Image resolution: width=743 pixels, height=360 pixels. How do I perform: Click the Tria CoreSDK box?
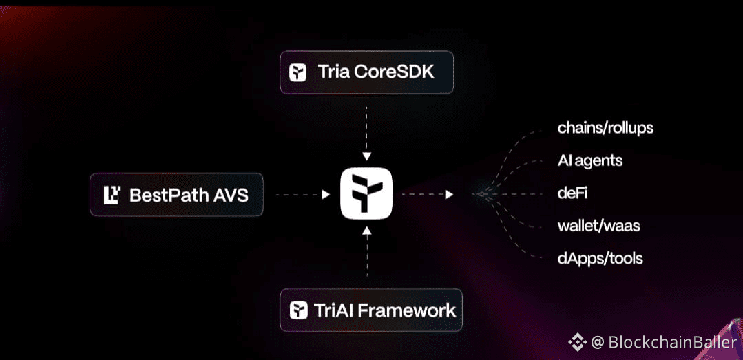point(366,72)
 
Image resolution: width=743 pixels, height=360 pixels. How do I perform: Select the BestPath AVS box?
point(176,195)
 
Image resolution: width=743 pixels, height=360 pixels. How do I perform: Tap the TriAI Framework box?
point(370,310)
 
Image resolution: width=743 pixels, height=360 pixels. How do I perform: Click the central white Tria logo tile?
point(366,195)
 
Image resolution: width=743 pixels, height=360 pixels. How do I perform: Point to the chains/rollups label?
point(605,128)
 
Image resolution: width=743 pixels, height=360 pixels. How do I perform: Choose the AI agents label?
point(590,161)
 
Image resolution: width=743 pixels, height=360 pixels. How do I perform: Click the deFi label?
point(573,193)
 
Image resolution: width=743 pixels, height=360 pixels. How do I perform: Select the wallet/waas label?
point(599,226)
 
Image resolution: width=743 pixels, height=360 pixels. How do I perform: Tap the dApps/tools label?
point(600,259)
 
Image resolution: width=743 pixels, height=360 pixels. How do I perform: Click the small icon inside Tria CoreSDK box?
point(298,72)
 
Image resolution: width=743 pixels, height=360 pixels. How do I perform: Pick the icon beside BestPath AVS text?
point(112,195)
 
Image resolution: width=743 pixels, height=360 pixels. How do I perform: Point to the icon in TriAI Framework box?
point(298,310)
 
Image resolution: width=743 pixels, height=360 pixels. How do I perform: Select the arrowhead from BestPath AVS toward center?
point(326,195)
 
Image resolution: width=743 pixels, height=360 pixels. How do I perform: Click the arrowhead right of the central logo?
point(449,195)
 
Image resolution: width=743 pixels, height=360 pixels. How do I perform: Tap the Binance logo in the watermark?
point(576,342)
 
